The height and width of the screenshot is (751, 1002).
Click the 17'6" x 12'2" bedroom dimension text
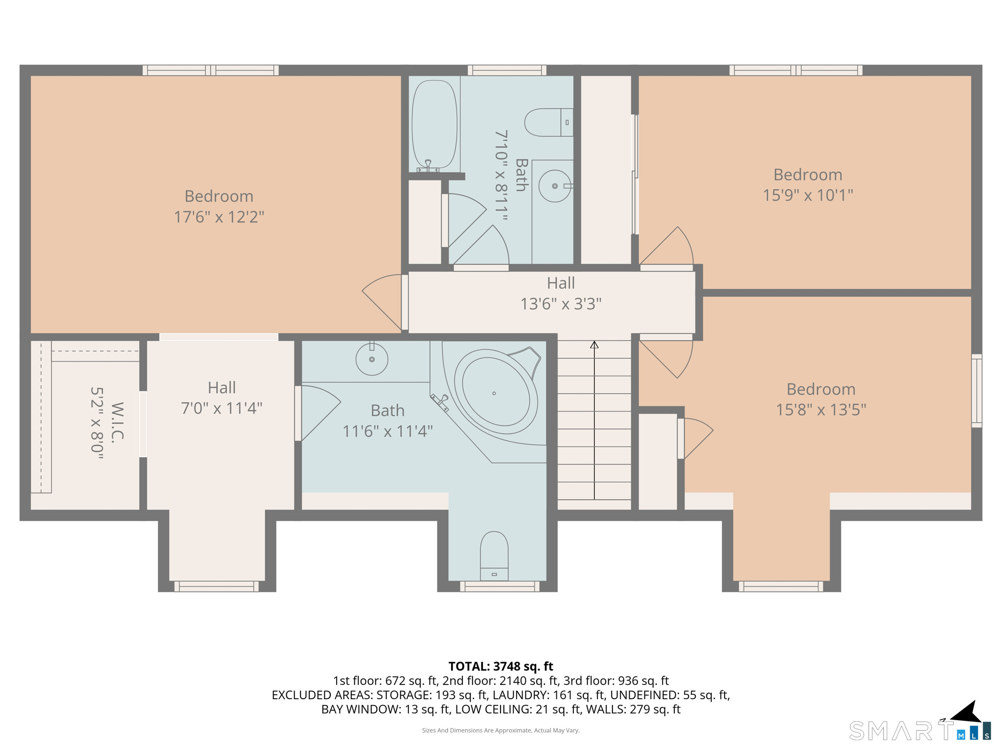click(x=219, y=217)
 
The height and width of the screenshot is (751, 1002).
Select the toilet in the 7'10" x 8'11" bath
click(x=548, y=122)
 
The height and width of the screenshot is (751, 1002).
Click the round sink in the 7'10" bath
click(x=554, y=186)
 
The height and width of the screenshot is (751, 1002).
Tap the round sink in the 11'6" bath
click(x=372, y=359)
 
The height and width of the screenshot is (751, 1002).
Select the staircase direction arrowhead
click(x=594, y=345)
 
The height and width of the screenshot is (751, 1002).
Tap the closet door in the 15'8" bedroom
click(x=695, y=438)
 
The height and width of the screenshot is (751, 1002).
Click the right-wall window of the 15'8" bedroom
click(x=976, y=391)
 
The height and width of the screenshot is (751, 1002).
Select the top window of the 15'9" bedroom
click(x=796, y=70)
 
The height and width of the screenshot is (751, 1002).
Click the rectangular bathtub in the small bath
click(x=434, y=125)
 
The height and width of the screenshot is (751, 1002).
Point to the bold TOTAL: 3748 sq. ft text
click(x=501, y=666)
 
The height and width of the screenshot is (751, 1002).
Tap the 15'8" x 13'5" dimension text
click(x=820, y=410)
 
